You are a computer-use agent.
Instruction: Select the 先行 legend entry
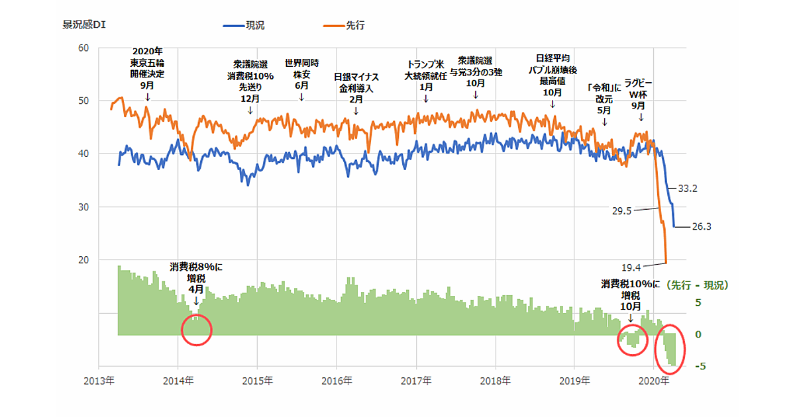(354, 26)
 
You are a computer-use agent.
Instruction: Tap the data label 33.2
(689, 189)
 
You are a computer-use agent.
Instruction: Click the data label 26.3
(701, 226)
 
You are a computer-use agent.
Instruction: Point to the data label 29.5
(621, 210)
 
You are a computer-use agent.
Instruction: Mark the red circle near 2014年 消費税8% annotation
(196, 330)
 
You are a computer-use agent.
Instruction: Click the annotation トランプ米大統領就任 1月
(426, 75)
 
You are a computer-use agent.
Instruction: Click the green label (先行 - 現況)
(697, 285)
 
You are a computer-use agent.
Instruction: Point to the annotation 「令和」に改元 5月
(605, 98)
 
